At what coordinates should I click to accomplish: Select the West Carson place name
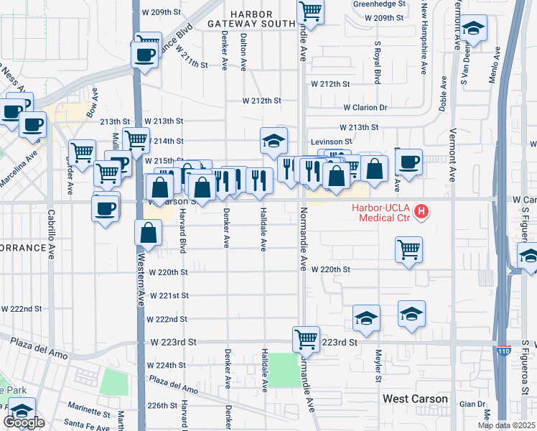pyautogui.click(x=415, y=399)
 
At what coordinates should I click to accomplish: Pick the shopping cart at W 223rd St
pyautogui.click(x=306, y=338)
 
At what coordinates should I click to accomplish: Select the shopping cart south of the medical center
pyautogui.click(x=408, y=250)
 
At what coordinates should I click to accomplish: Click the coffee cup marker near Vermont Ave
pyautogui.click(x=408, y=162)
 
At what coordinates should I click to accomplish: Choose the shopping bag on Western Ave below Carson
pyautogui.click(x=148, y=233)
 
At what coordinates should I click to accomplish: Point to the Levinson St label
pyautogui.click(x=331, y=142)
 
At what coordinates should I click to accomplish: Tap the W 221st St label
pyautogui.click(x=168, y=296)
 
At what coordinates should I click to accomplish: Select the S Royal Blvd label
pyautogui.click(x=376, y=62)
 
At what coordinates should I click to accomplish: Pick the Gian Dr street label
pyautogui.click(x=472, y=404)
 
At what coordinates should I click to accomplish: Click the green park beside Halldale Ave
pyautogui.click(x=284, y=369)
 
